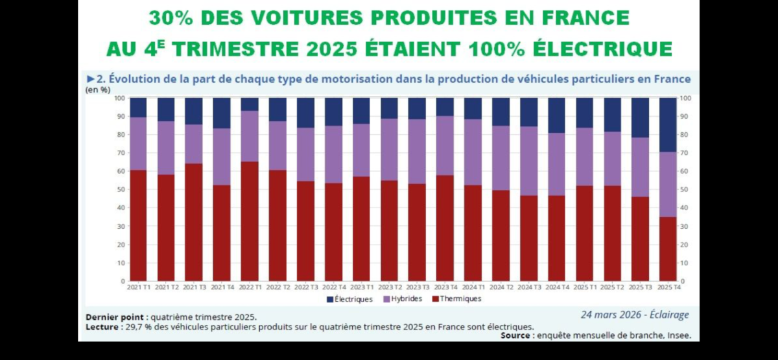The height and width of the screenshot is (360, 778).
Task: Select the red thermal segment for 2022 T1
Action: click(250, 221)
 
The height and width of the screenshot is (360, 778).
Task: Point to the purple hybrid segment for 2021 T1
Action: click(138, 143)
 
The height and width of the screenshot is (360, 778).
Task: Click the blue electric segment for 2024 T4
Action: click(556, 115)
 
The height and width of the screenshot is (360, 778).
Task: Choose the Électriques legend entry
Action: click(350, 299)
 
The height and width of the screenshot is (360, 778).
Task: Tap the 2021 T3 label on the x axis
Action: click(194, 287)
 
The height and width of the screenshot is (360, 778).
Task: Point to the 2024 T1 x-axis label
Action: click(473, 287)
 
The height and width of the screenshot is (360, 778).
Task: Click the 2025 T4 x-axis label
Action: click(668, 287)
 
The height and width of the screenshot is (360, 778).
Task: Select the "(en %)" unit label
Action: click(98, 90)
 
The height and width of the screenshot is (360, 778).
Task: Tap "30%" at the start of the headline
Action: click(170, 18)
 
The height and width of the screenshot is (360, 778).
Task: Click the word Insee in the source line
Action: click(678, 336)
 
